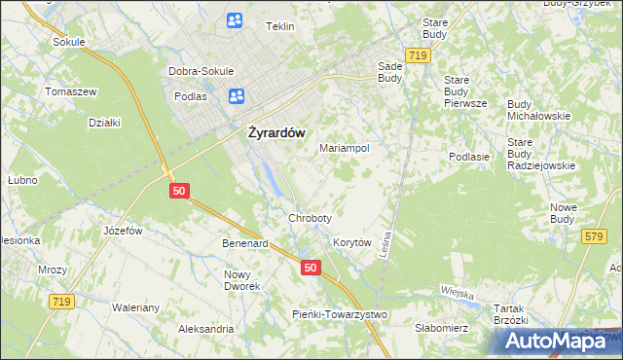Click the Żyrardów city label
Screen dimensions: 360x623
[x=272, y=132]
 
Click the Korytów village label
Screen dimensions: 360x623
[x=353, y=242]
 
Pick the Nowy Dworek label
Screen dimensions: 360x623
[x=242, y=280]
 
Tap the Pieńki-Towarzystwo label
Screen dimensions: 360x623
[x=340, y=314]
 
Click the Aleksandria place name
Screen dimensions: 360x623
[x=205, y=329]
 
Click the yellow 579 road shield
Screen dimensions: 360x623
[x=593, y=235]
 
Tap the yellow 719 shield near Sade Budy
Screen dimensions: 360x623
[x=419, y=56]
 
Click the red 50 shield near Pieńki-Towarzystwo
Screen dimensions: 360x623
[x=310, y=267]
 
